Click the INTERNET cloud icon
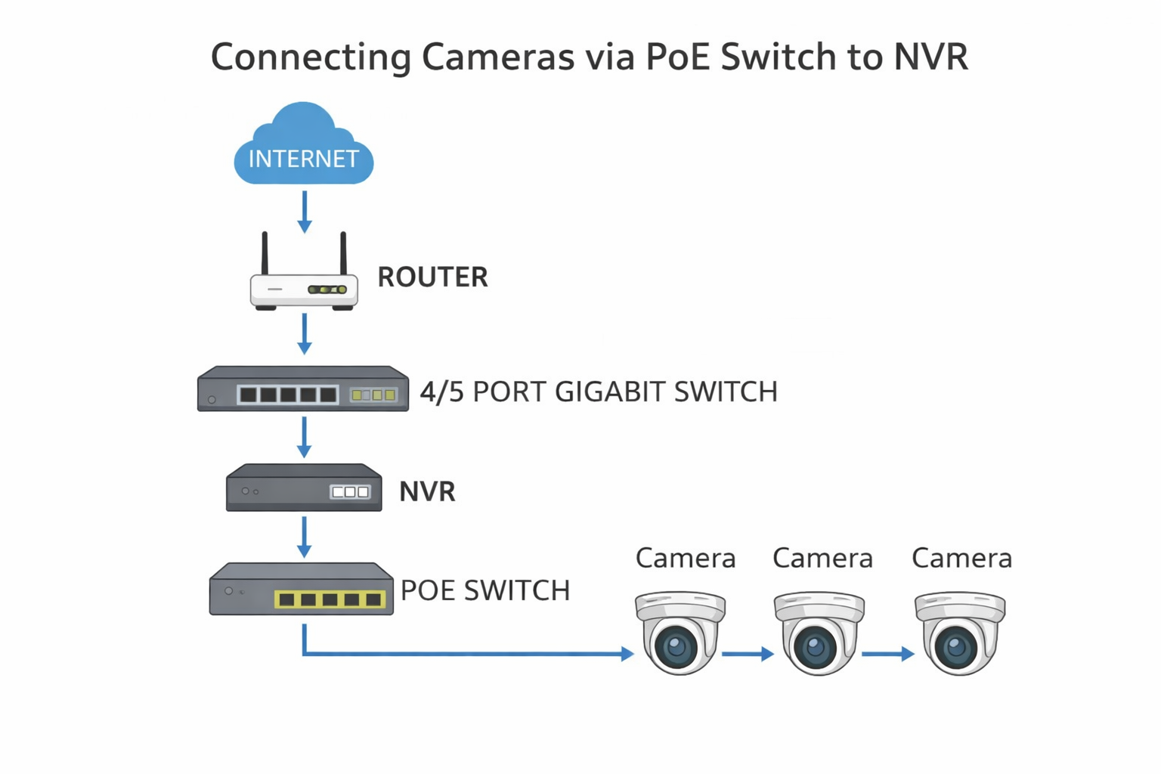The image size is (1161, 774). pos(303,147)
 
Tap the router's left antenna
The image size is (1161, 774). pos(265,253)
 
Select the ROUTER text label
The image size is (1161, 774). pos(432,277)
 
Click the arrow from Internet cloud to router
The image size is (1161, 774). pos(305,211)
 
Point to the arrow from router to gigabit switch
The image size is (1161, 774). pos(305,333)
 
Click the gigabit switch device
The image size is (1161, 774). pos(302,389)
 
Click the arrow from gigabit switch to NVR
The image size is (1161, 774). pos(305,437)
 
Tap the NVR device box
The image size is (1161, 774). pos(304,488)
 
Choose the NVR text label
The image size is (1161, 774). pos(427,492)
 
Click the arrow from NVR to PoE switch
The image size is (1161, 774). pos(305,537)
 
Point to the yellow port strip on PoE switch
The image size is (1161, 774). pos(330,599)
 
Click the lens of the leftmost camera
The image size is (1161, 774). pos(675,647)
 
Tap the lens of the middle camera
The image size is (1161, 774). pos(814,647)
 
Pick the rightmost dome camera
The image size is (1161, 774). pos(959,633)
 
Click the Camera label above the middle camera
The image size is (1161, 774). pos(822,559)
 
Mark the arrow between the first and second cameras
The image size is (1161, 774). pos(748,654)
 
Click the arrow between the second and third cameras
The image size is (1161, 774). pos(887,654)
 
